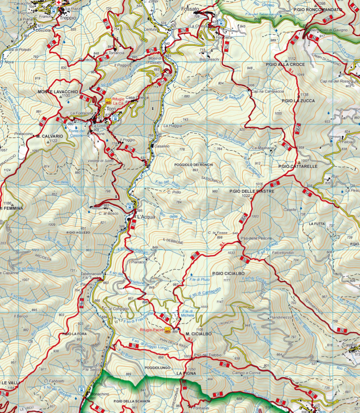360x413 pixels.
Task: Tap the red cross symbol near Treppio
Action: pos(58,3)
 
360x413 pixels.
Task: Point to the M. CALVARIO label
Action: pos(50,136)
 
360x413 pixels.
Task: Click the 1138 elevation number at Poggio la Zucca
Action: pos(304,95)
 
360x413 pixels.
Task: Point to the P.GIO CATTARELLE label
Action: pos(298,166)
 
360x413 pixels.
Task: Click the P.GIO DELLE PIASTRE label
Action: pos(252,191)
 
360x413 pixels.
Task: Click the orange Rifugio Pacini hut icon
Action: pos(168,330)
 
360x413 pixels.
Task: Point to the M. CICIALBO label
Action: pos(198,334)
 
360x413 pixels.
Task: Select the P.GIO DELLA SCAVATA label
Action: pos(132,401)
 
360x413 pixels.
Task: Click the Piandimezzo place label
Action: pos(281,317)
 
